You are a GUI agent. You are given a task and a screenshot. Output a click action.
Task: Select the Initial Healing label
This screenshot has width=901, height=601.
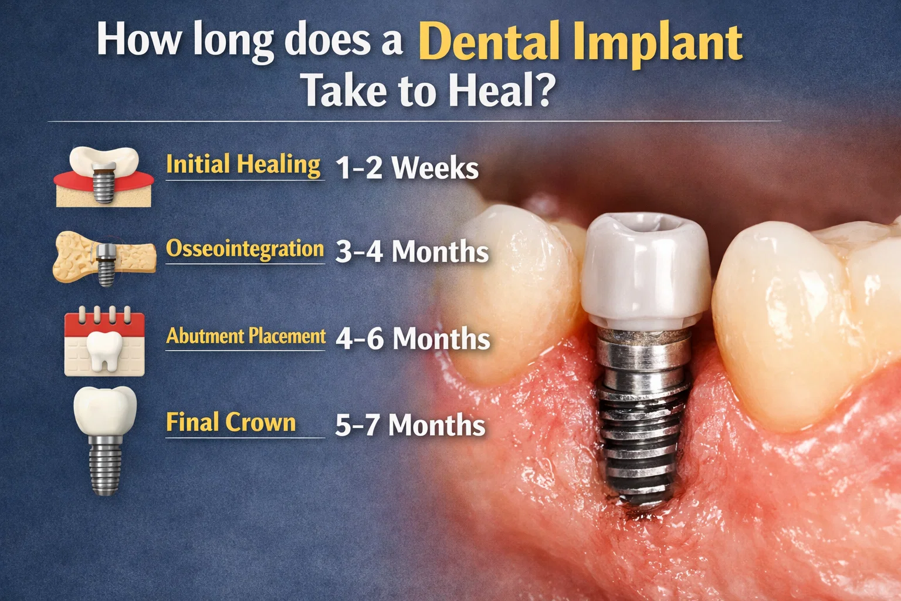[x=243, y=164]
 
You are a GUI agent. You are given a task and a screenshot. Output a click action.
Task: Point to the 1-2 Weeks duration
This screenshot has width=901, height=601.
[x=407, y=168]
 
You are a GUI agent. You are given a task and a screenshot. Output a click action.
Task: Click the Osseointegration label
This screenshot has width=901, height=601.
[x=245, y=249]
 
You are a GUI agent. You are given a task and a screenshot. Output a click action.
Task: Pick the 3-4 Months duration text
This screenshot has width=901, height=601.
[x=412, y=252]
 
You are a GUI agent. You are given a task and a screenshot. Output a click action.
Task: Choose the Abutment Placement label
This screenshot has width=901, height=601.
[x=246, y=336]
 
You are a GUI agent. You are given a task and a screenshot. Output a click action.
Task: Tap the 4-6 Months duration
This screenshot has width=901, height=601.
[x=412, y=339]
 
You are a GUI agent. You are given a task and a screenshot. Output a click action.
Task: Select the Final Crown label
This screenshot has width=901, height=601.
[x=231, y=423]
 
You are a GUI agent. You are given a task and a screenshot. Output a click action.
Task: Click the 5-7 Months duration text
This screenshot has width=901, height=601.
[x=410, y=425]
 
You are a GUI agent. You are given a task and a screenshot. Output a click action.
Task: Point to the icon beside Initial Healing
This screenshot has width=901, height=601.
[x=104, y=175]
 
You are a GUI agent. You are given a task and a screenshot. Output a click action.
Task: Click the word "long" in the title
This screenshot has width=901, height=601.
[x=233, y=41]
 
